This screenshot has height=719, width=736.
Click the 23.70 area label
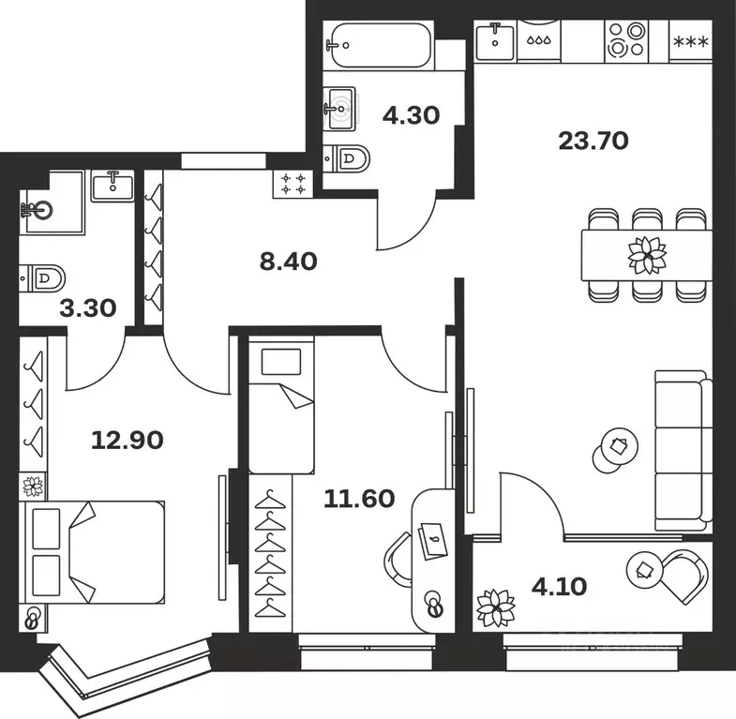(x=593, y=142)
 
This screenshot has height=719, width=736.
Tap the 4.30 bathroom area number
(x=411, y=116)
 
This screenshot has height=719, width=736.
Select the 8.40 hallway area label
(x=288, y=261)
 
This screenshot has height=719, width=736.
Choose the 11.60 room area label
(x=359, y=498)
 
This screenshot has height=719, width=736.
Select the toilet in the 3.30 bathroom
(x=45, y=277)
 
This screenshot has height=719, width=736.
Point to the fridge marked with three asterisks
(x=692, y=41)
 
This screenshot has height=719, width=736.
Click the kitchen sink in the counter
(x=494, y=40)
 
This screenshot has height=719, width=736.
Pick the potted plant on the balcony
(x=494, y=607)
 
